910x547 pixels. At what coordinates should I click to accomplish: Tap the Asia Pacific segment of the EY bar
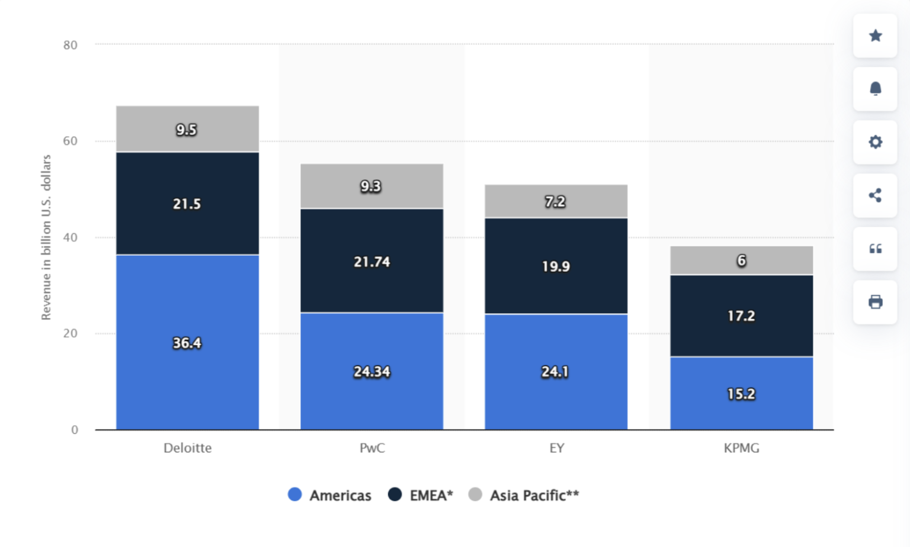pyautogui.click(x=556, y=193)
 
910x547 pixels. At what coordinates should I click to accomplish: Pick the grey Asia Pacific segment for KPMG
pyautogui.click(x=741, y=252)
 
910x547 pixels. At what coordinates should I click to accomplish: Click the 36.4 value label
pyautogui.click(x=187, y=343)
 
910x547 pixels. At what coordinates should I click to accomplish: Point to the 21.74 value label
pyautogui.click(x=372, y=262)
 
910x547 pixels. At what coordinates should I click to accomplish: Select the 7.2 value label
pyautogui.click(x=555, y=202)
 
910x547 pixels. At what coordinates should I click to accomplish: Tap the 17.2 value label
pyautogui.click(x=741, y=316)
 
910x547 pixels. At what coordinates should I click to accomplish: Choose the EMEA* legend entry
pyautogui.click(x=421, y=495)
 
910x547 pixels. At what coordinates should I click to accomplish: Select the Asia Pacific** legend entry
pyautogui.click(x=524, y=495)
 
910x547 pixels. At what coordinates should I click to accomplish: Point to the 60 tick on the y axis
pyautogui.click(x=70, y=141)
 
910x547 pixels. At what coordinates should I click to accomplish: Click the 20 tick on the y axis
pyautogui.click(x=70, y=333)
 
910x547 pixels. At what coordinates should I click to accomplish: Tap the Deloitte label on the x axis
pyautogui.click(x=187, y=448)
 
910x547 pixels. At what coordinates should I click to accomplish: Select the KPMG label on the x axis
pyautogui.click(x=741, y=448)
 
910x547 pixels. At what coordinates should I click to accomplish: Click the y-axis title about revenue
pyautogui.click(x=46, y=237)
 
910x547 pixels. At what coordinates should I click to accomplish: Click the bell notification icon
pyautogui.click(x=875, y=89)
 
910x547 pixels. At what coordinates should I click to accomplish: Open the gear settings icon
pyautogui.click(x=875, y=142)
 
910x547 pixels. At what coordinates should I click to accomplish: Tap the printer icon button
pyautogui.click(x=875, y=302)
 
